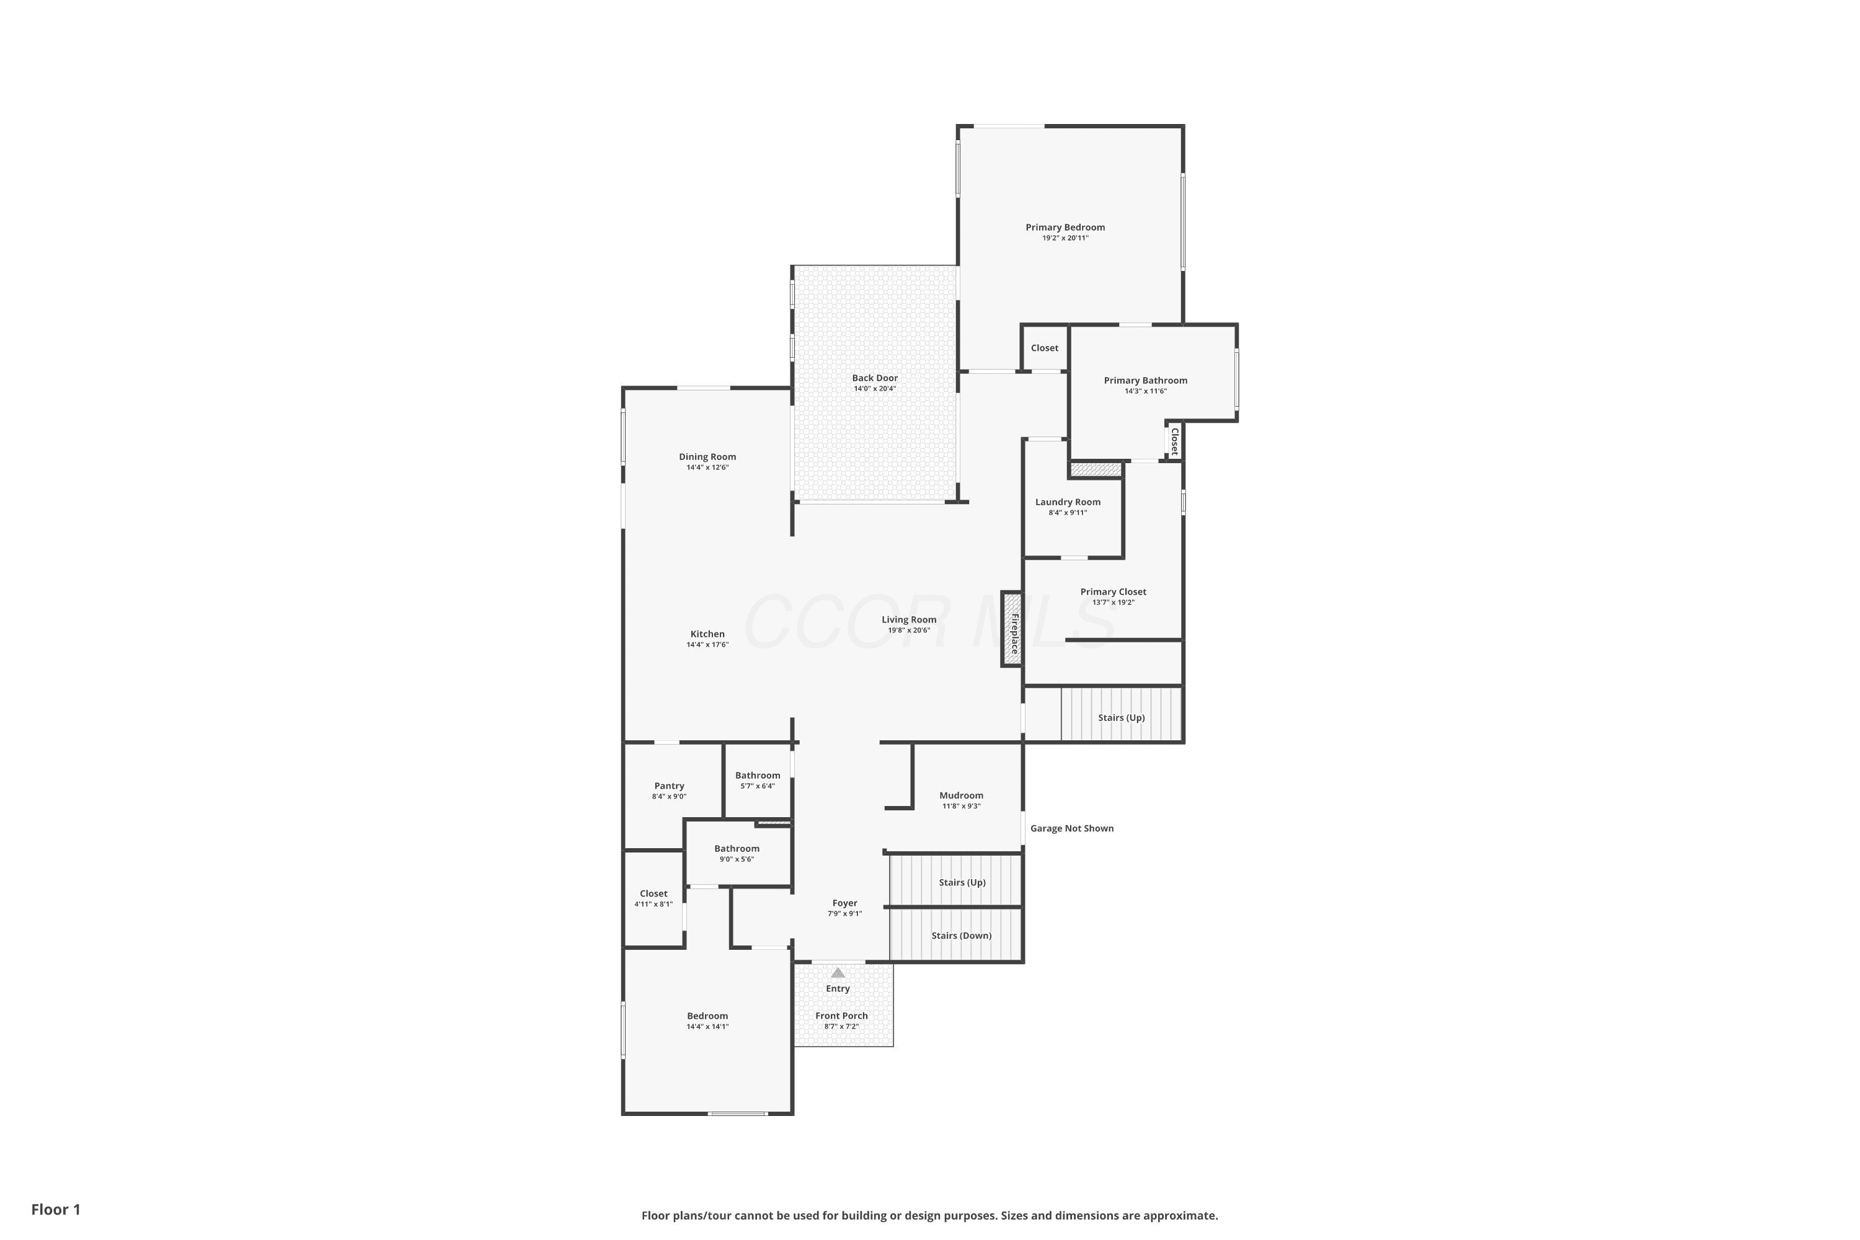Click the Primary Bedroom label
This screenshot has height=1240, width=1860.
coord(1065,228)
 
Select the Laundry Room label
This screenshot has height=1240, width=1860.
coord(1068,502)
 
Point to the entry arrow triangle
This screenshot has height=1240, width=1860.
coord(838,973)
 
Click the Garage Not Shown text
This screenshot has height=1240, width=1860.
coord(1071,828)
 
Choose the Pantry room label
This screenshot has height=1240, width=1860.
coord(669,786)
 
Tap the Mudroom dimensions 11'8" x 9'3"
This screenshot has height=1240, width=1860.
coord(962,807)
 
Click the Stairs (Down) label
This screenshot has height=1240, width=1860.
coord(962,936)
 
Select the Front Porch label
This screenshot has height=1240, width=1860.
coord(841,1016)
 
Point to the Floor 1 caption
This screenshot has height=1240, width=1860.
coord(56,1209)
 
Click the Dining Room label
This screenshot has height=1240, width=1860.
coord(707,457)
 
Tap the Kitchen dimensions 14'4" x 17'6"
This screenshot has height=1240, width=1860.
coord(707,645)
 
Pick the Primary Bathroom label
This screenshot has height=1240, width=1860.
coord(1145,381)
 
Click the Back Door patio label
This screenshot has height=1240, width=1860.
coord(875,378)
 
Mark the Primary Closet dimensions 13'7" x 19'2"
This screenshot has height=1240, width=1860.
coord(1114,603)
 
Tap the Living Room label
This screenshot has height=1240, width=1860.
coord(909,620)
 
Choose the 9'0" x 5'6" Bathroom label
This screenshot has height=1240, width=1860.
coord(737,849)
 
